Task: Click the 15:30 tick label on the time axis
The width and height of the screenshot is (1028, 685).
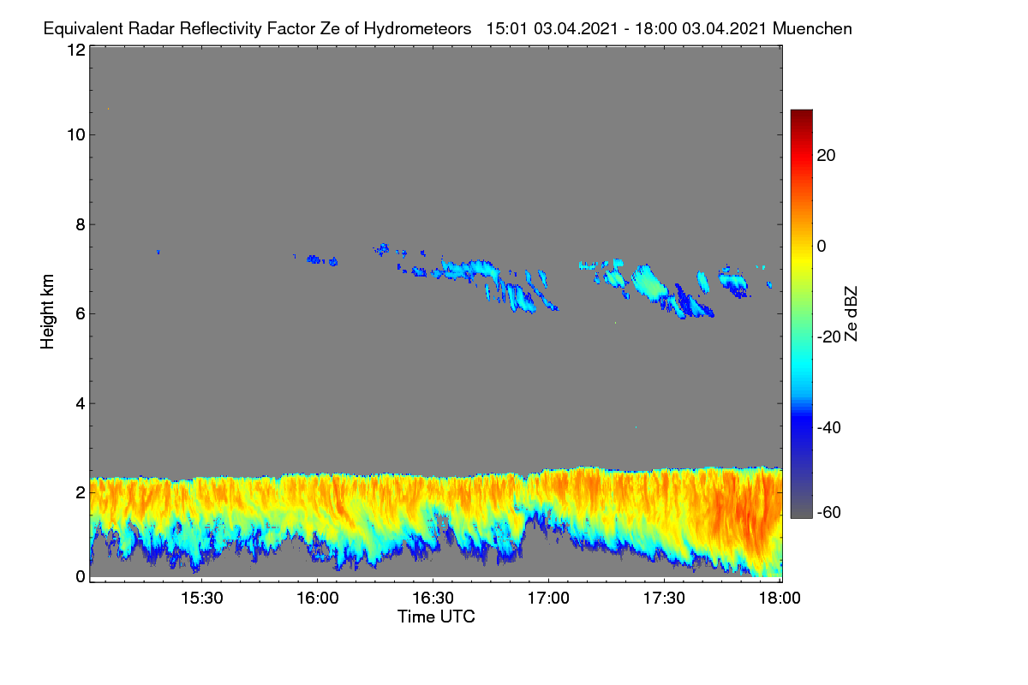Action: [x=202, y=598]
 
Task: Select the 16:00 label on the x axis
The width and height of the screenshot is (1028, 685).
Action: [x=318, y=598]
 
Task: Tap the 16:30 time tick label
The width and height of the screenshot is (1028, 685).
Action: [x=433, y=598]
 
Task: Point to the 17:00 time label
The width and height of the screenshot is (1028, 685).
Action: [x=548, y=598]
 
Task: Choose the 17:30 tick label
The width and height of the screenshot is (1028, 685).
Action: [x=664, y=598]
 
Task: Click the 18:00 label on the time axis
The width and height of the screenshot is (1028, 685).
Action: [x=780, y=598]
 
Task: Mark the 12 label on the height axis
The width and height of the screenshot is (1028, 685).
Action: [x=76, y=50]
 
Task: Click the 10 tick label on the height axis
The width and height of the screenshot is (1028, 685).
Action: [x=76, y=135]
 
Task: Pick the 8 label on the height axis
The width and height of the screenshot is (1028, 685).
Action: [x=81, y=224]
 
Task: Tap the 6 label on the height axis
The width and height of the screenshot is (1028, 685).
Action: [x=81, y=314]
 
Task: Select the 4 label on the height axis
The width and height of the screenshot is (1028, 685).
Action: [x=81, y=403]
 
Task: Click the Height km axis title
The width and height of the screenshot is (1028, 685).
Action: [x=47, y=312]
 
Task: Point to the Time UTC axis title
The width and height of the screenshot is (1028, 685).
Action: [x=436, y=616]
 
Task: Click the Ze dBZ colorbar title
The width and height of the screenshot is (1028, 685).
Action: [x=851, y=314]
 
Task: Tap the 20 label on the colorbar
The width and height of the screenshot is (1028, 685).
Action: [x=826, y=156]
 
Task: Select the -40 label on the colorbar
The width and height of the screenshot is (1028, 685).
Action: [x=828, y=427]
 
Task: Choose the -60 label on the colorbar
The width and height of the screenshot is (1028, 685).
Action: [x=828, y=512]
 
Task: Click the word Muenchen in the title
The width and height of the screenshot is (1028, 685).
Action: [x=812, y=28]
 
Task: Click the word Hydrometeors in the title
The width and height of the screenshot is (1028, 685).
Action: [x=417, y=29]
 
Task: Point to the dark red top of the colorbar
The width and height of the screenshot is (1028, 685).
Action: [x=801, y=113]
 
